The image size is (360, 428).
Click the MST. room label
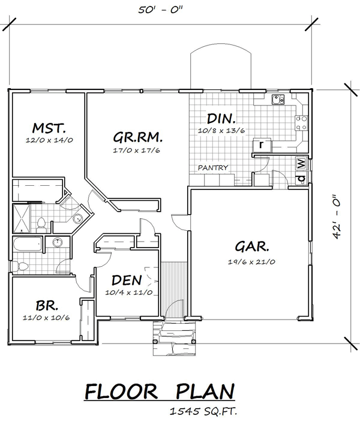point(49,128)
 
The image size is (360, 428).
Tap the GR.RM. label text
point(137,137)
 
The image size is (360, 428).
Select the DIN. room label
point(221,119)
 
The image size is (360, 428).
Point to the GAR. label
point(252,246)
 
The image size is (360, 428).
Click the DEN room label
point(127,281)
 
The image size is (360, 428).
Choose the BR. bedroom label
point(47,306)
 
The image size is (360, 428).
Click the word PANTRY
point(213,168)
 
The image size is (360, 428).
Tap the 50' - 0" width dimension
point(160,10)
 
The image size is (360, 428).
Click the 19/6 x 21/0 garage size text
point(251,262)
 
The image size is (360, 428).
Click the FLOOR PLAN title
point(160,391)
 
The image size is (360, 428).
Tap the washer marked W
point(301,164)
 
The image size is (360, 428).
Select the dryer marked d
point(301,179)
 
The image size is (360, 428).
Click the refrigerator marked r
point(262,145)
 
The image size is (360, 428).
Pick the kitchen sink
point(278,100)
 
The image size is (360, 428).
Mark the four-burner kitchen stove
point(301,123)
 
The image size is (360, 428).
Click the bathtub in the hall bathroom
point(28,245)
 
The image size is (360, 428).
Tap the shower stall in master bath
point(22,219)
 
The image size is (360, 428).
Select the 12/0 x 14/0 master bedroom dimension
point(49,140)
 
